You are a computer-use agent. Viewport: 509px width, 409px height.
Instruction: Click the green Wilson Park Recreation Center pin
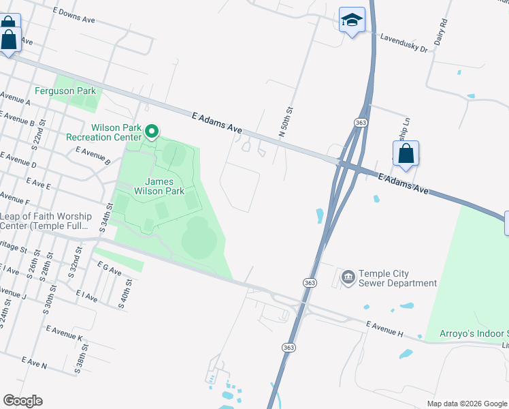tap(152, 131)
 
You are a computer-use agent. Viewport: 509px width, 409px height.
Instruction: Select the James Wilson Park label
tap(164, 187)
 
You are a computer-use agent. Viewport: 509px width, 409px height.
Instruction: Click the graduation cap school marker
tap(352, 20)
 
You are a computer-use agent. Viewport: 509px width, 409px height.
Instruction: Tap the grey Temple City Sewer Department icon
tap(348, 277)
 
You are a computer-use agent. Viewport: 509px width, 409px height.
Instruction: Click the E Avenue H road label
tap(384, 329)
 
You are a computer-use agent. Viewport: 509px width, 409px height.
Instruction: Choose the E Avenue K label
tap(64, 333)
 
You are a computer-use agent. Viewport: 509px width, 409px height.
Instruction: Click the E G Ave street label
tap(109, 269)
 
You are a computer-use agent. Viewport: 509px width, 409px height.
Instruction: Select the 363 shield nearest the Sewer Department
tap(310, 282)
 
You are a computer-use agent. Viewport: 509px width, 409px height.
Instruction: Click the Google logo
tap(22, 401)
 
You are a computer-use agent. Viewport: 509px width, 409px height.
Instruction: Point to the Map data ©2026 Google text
tap(466, 404)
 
